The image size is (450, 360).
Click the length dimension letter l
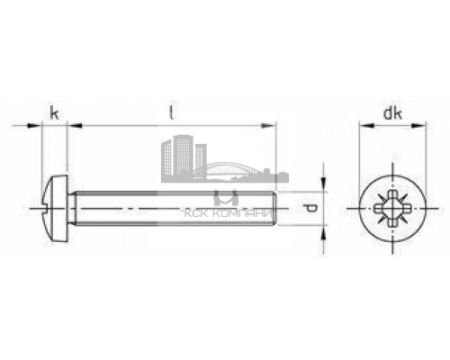click(x=173, y=112)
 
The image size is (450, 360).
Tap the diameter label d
click(x=311, y=209)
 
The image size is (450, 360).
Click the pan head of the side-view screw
click(x=56, y=209)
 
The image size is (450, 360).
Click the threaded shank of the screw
click(x=171, y=209)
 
